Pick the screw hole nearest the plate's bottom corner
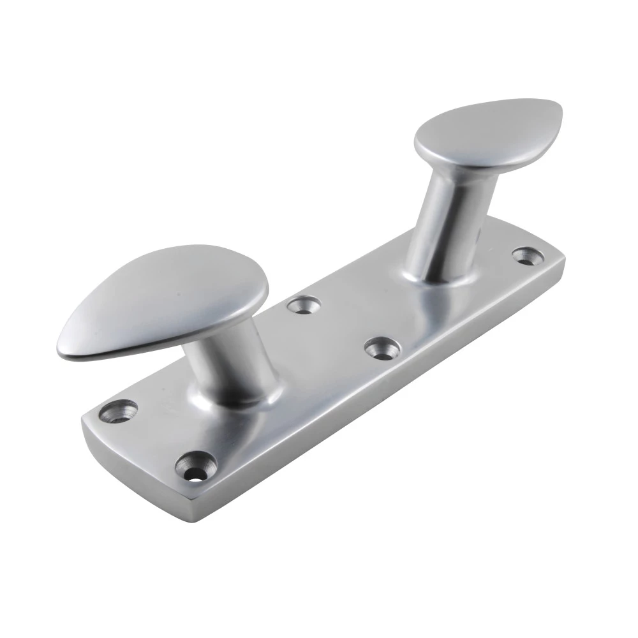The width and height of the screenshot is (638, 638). [x=195, y=464]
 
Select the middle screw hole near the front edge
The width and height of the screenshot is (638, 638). [x=382, y=348]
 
